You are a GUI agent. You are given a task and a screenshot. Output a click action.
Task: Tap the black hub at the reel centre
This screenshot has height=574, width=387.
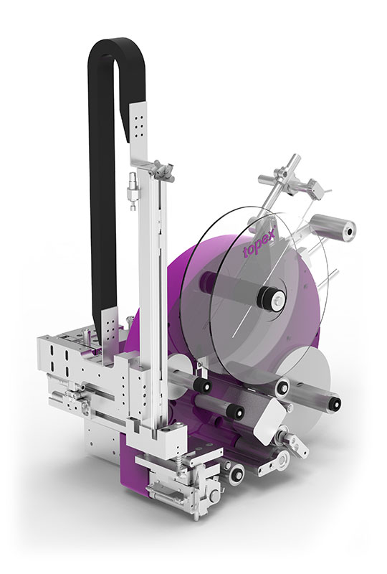pos(272,296)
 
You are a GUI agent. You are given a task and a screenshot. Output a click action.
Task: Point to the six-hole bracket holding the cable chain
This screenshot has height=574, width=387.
pos(138,120)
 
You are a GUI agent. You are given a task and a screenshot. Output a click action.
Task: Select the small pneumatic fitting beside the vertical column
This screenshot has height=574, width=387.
pos(131,190)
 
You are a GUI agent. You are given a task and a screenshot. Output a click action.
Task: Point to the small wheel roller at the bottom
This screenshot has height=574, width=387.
pos(233,471)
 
